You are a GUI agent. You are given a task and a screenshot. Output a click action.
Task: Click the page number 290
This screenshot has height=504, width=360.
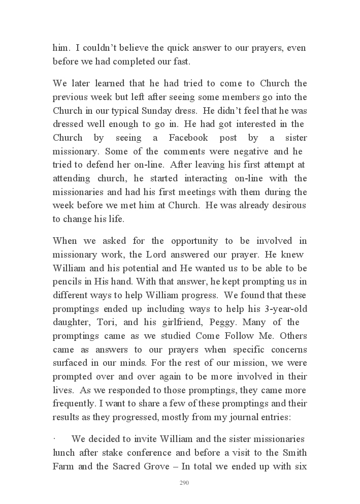coord(184,483)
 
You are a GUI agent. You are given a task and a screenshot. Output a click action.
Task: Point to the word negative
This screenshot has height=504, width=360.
coord(256,151)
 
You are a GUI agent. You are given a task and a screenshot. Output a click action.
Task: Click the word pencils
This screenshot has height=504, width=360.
coord(66,281)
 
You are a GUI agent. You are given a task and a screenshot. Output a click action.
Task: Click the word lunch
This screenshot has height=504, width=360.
coord(63,453)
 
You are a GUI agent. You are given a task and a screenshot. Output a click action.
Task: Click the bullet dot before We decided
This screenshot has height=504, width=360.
coord(54,439)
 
